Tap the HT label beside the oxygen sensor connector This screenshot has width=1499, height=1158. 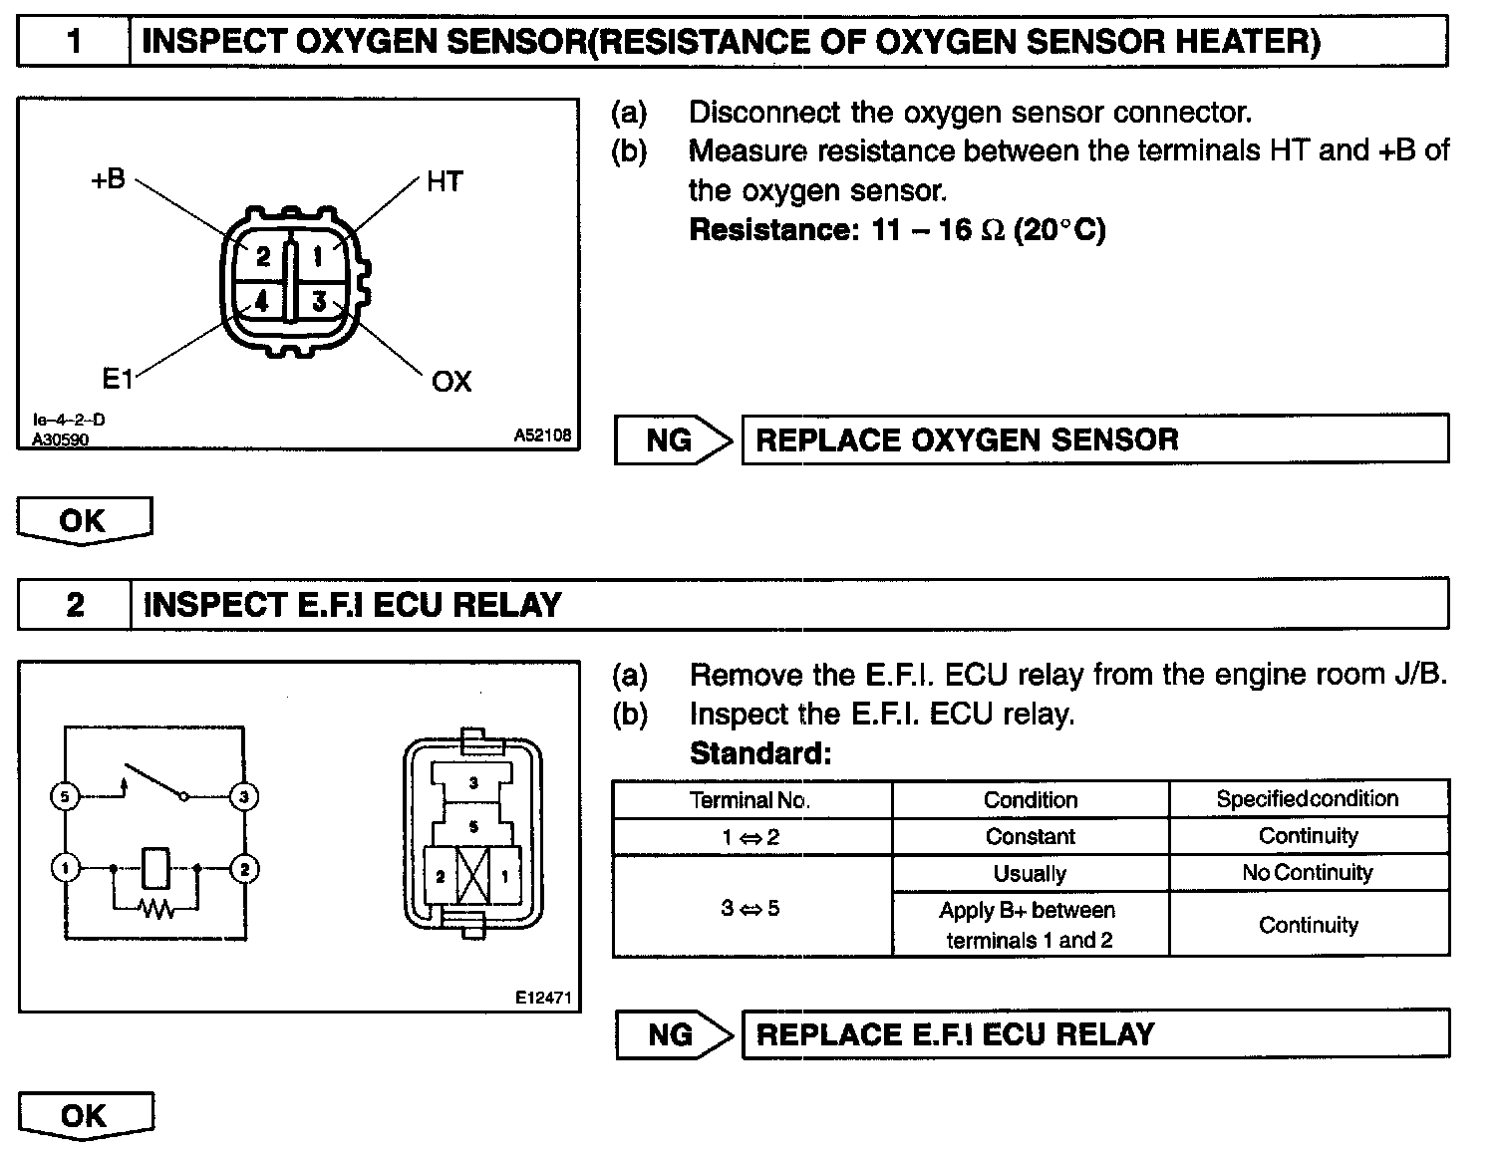[x=444, y=181]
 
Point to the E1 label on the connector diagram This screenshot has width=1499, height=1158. [x=118, y=379]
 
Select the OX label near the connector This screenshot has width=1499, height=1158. [x=451, y=382]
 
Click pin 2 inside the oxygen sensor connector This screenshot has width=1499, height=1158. [x=262, y=257]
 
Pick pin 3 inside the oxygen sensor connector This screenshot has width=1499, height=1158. [x=319, y=300]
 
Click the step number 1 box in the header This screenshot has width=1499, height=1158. [x=74, y=41]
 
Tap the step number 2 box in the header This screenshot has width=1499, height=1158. [x=75, y=604]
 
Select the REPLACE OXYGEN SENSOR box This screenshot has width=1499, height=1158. [x=1094, y=439]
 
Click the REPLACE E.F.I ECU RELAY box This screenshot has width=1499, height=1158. [x=1094, y=1033]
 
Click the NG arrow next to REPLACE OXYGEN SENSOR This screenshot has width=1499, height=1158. [x=673, y=439]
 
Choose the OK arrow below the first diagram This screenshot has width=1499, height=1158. [x=84, y=520]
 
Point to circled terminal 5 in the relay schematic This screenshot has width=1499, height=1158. [x=65, y=796]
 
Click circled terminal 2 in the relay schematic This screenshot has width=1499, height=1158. [x=244, y=869]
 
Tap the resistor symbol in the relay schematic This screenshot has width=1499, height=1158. [x=156, y=908]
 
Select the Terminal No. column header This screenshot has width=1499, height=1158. [x=750, y=799]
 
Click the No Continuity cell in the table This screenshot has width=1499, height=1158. [x=1308, y=873]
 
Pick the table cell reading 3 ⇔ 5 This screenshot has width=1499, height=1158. [x=750, y=908]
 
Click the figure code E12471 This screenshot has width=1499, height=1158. [x=543, y=997]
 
